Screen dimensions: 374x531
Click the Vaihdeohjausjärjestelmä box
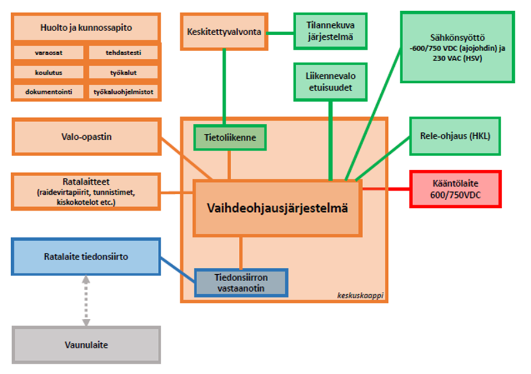click(277, 208)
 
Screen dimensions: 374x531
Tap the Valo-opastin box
click(86, 137)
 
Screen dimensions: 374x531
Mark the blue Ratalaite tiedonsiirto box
click(86, 257)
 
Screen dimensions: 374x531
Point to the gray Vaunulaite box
click(86, 345)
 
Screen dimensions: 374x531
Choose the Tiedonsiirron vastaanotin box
click(241, 282)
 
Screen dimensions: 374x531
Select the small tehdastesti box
click(123, 53)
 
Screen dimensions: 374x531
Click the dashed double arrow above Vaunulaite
click(86, 301)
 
